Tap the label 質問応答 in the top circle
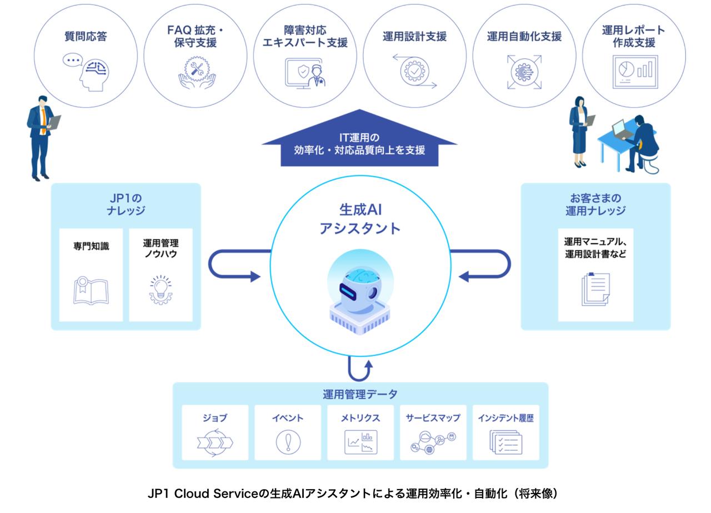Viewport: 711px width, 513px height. [86, 37]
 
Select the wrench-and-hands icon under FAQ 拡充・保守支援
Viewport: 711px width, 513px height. [195, 73]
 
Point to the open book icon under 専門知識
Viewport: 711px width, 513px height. [91, 290]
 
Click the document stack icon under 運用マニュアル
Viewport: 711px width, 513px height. [595, 288]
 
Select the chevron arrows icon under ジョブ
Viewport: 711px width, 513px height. [214, 442]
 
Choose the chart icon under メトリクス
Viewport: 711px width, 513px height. [360, 442]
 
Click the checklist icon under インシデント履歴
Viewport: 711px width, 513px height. [505, 442]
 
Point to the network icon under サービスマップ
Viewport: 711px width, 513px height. [433, 442]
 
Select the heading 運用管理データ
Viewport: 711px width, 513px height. [360, 395]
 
